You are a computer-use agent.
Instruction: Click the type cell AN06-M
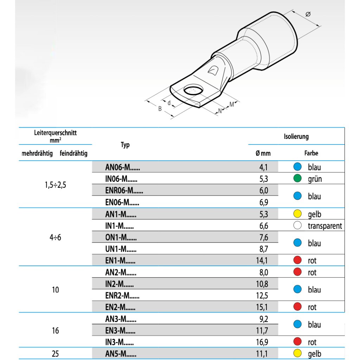point(122,168)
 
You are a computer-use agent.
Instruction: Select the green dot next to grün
point(297,179)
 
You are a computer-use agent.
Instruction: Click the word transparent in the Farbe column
point(324,226)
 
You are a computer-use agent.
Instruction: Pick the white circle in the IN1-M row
point(297,226)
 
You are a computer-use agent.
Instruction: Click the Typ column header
point(125,145)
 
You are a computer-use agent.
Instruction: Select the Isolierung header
point(296,136)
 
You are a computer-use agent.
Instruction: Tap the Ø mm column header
point(263,153)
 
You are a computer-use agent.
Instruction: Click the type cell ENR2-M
point(122,296)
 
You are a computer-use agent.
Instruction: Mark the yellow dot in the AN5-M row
point(297,354)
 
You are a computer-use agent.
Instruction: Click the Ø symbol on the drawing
point(308,14)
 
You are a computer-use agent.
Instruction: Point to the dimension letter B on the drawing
point(160,109)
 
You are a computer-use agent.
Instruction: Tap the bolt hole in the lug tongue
point(193,91)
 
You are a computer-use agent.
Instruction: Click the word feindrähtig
point(74,153)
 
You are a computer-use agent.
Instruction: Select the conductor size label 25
point(55,354)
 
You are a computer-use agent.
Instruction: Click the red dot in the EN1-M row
point(297,261)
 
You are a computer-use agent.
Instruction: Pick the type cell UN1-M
point(121,249)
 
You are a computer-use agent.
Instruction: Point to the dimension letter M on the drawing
point(232,104)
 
